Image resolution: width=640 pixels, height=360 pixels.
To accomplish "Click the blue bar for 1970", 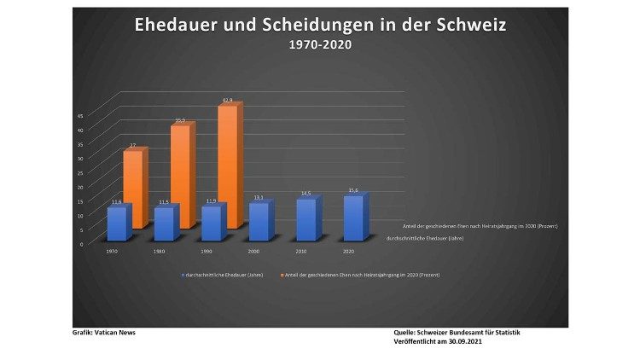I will point(117,223).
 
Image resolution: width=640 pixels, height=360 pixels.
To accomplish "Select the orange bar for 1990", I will point(228,166).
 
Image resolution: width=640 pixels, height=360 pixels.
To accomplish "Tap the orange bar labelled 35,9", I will point(181,175).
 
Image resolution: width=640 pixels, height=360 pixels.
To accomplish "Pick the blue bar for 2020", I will point(352,218).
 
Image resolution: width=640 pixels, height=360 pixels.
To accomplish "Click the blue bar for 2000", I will point(259,221).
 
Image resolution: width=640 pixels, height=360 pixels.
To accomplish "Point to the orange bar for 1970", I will point(133,188).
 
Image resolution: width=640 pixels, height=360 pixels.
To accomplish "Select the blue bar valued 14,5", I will point(305,219).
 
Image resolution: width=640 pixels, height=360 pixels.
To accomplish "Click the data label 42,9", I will point(228,101).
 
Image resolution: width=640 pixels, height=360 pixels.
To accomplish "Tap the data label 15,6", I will point(353,190).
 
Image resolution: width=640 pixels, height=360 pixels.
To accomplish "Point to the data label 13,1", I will point(259,197).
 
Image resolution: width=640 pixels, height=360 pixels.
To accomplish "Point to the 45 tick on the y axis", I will point(81,115).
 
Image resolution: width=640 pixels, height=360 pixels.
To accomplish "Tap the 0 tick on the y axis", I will point(83,244).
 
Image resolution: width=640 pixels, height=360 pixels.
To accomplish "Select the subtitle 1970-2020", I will point(320,45).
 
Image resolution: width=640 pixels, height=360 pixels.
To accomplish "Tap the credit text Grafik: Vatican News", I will point(103,333).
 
